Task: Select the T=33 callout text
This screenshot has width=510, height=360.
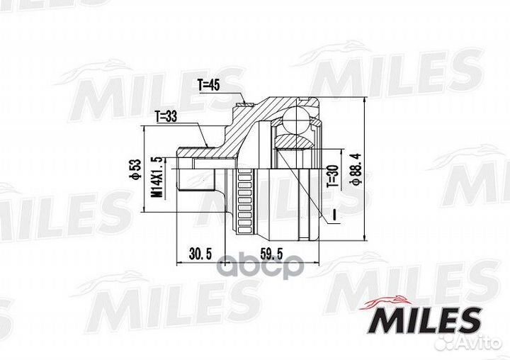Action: coord(167,116)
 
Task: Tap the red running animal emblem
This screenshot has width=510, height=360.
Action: coord(382,303)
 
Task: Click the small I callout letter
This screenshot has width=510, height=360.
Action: coord(332,213)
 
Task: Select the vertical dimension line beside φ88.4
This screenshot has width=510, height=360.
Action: coord(364,170)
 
